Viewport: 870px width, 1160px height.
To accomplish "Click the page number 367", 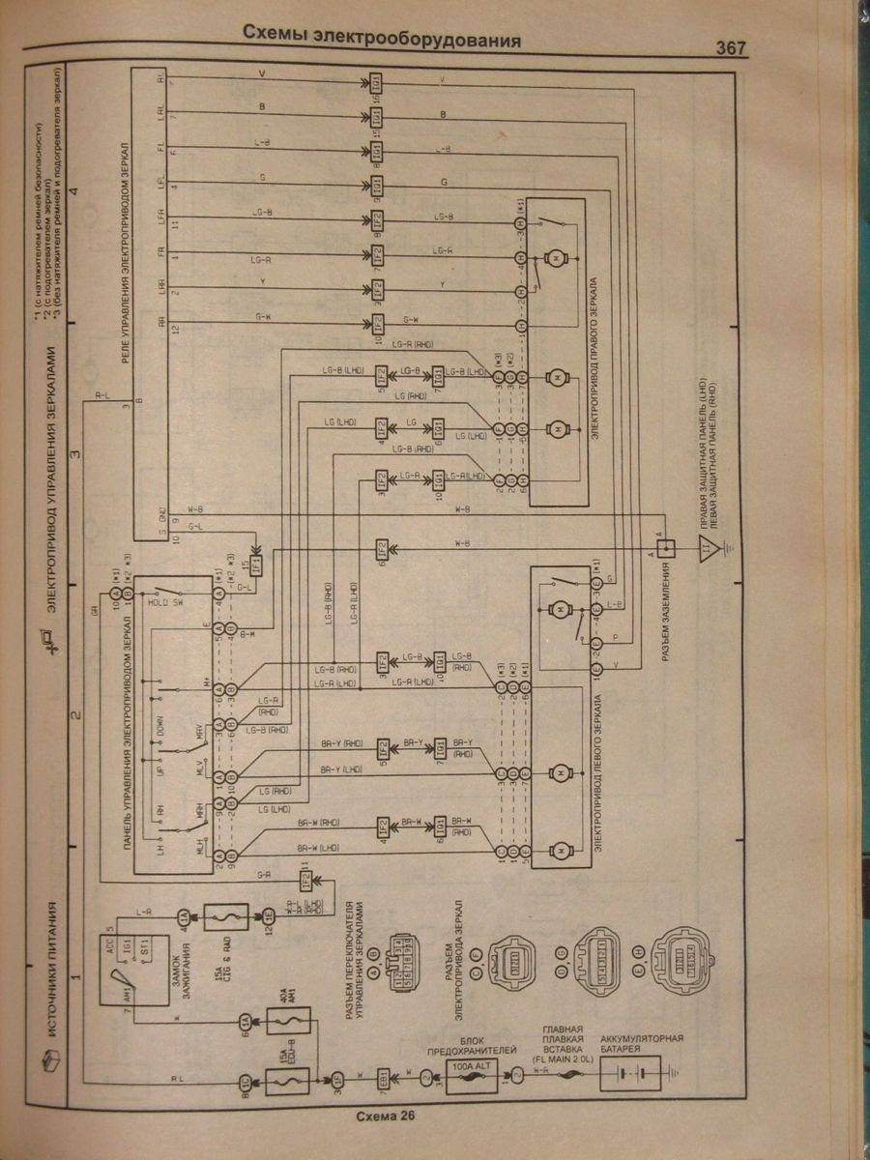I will (731, 48).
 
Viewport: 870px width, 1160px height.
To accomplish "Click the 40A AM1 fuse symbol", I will (285, 1022).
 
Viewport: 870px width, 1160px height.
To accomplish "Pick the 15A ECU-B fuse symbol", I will (287, 1078).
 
